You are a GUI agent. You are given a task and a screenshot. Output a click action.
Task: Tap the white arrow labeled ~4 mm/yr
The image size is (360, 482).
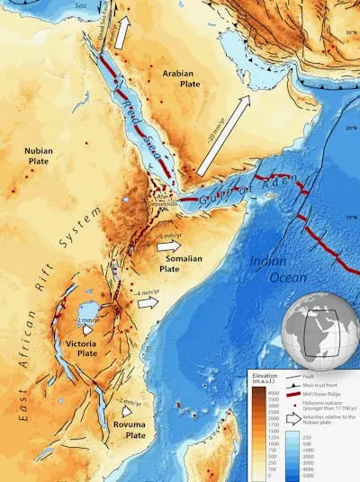tap(147, 302)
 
